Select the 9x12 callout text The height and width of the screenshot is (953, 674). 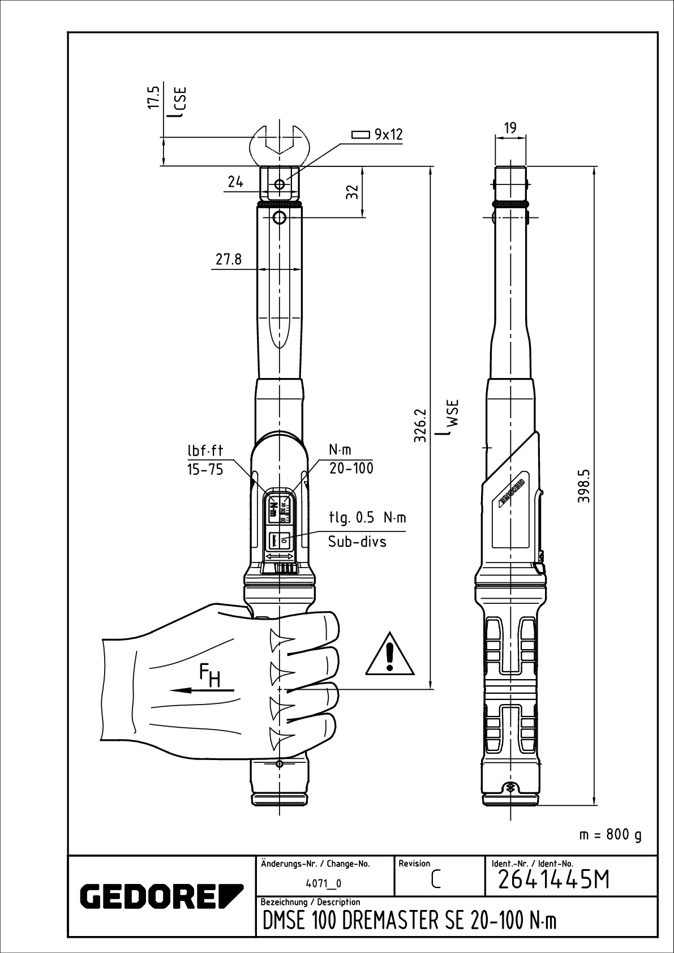click(x=388, y=135)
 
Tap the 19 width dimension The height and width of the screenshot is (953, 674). click(x=510, y=128)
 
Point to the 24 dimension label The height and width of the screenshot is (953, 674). click(x=235, y=182)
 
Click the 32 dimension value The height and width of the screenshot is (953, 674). click(x=353, y=193)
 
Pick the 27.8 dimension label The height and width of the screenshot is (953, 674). click(x=228, y=260)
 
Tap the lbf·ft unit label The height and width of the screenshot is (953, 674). click(x=205, y=450)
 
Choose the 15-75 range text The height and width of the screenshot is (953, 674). click(x=205, y=469)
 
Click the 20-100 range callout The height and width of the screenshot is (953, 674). click(x=351, y=469)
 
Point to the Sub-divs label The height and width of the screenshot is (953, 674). click(x=357, y=542)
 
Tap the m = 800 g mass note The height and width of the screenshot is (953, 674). click(x=611, y=835)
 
